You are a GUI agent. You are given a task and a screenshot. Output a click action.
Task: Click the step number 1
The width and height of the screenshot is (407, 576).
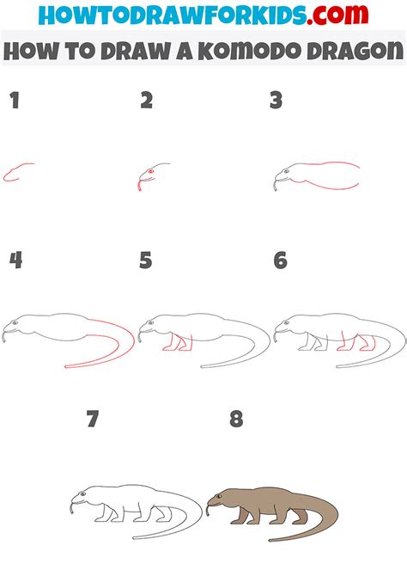coord(14,101)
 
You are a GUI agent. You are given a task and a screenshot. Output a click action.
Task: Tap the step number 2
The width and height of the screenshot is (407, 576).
coord(147,101)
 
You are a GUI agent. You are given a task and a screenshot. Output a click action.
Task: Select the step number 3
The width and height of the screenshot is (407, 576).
coord(276,101)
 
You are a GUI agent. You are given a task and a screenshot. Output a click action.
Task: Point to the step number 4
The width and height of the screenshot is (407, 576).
coord(15,260)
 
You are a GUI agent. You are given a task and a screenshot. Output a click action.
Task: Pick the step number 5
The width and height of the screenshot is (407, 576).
coord(146,260)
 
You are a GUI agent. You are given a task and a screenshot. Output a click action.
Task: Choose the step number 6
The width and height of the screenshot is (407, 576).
coord(280,260)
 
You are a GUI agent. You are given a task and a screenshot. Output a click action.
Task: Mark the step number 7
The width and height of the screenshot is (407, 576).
coord(94,420)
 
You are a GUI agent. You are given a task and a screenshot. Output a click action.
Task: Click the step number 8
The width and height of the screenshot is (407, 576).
coord(236,420)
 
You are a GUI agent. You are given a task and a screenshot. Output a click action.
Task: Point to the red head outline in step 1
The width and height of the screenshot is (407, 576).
coord(16,173)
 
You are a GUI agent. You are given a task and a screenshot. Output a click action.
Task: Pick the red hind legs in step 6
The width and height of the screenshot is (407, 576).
coord(352,343)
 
